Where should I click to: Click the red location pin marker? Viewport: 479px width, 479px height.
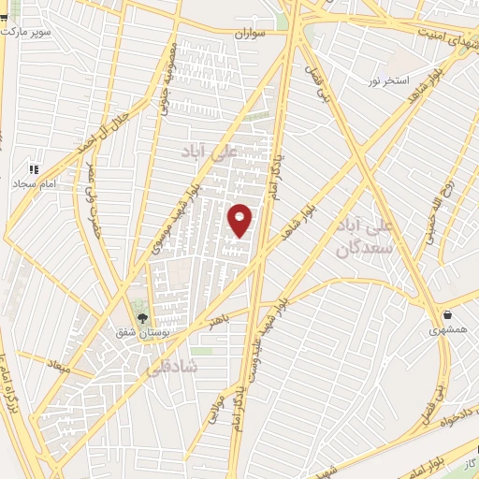click(241, 220)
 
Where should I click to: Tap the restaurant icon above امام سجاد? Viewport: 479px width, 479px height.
click(34, 169)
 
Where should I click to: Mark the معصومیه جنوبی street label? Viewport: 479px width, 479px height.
click(169, 80)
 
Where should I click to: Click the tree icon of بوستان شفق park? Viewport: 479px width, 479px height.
click(142, 318)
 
